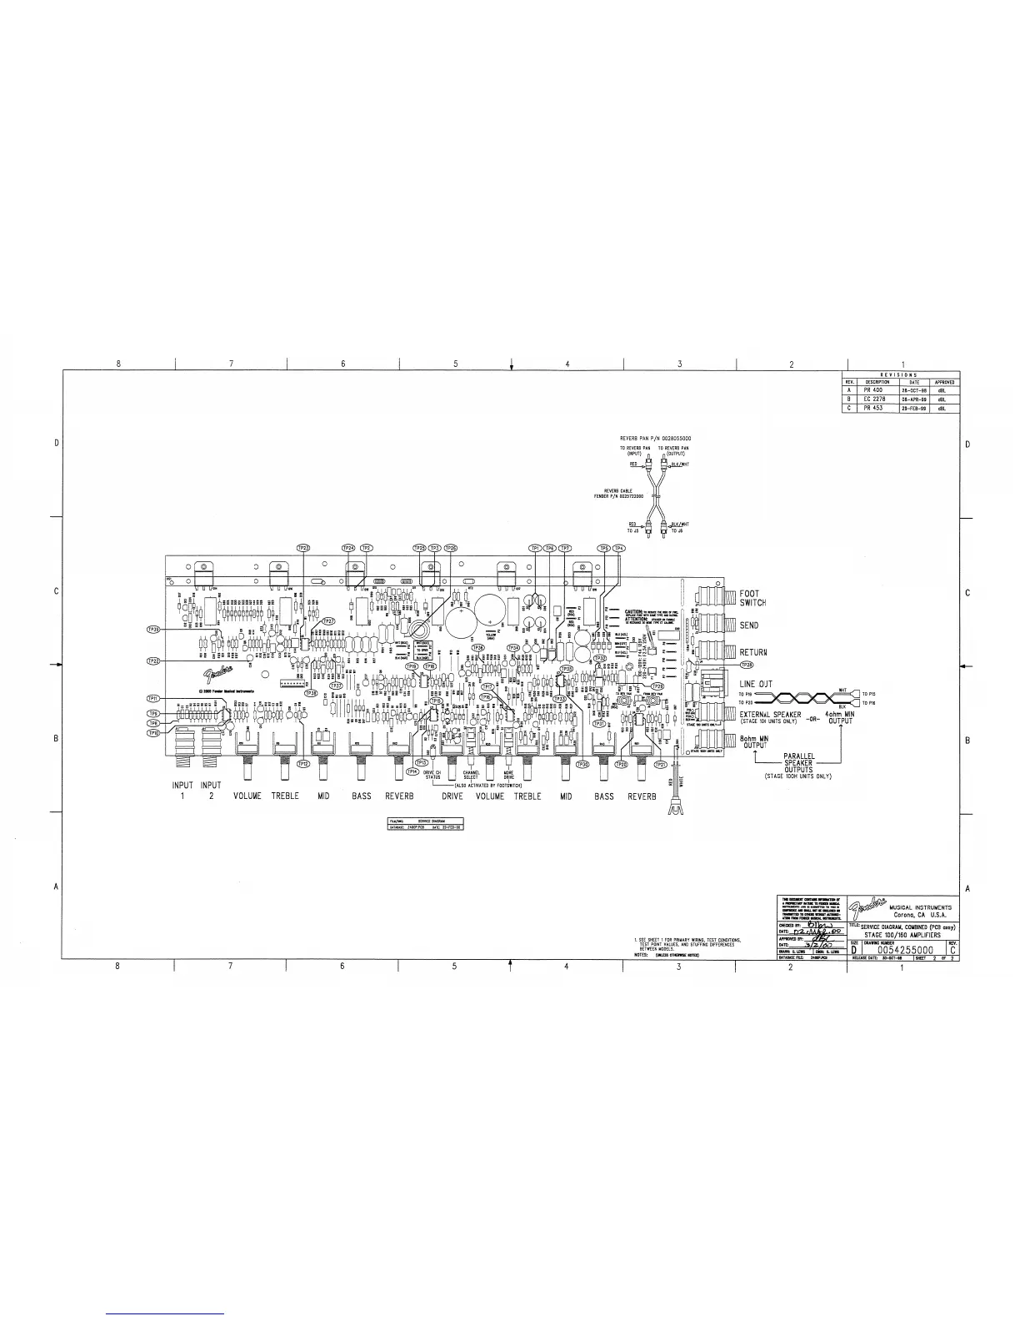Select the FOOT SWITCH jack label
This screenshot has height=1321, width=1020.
click(752, 598)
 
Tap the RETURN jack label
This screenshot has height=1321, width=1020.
click(753, 652)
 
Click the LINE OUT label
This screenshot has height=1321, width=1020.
click(756, 684)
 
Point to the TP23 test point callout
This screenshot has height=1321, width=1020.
click(304, 547)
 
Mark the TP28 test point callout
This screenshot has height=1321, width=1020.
click(747, 665)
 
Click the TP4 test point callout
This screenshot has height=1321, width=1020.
click(619, 547)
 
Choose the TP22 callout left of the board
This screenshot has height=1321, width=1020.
click(153, 660)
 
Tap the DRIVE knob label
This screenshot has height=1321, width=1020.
click(452, 796)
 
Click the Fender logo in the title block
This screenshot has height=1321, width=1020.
click(867, 907)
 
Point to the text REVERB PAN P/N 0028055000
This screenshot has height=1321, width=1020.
click(656, 438)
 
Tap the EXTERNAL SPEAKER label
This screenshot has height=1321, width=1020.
click(771, 715)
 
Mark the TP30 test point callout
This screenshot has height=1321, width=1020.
click(583, 764)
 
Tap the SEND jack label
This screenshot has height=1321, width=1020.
click(749, 625)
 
